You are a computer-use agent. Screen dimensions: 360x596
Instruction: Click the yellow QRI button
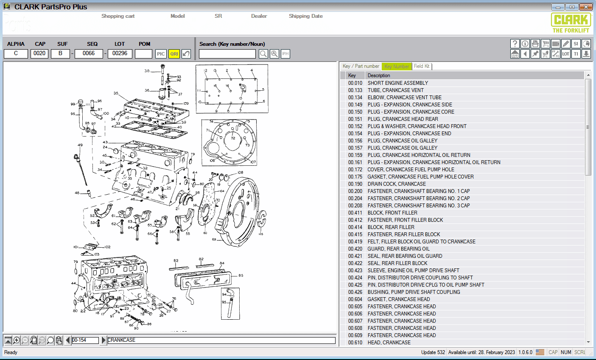174,54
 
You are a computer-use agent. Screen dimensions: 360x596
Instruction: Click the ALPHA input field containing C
16,53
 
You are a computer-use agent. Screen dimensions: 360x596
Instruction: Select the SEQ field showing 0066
89,53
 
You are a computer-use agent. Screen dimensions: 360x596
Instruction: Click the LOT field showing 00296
120,53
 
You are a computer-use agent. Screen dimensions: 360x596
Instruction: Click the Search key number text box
227,54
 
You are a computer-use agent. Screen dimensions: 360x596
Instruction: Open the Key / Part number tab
361,66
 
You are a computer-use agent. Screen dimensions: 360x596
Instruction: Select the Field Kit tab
422,66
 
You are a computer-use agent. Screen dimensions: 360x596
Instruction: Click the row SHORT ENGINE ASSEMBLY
397,83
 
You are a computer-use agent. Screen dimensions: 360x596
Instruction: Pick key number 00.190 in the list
355,184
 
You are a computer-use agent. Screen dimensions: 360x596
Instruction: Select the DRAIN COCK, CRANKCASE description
397,184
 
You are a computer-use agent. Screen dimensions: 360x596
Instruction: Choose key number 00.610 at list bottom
355,343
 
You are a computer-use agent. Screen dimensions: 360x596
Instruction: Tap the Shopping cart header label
118,16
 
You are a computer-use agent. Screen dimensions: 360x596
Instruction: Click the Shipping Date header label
305,16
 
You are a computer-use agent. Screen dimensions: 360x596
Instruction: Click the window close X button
586,7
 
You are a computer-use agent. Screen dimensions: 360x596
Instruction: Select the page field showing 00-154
85,340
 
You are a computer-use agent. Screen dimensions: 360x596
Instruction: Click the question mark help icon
515,44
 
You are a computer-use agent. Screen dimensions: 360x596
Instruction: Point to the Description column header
379,75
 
